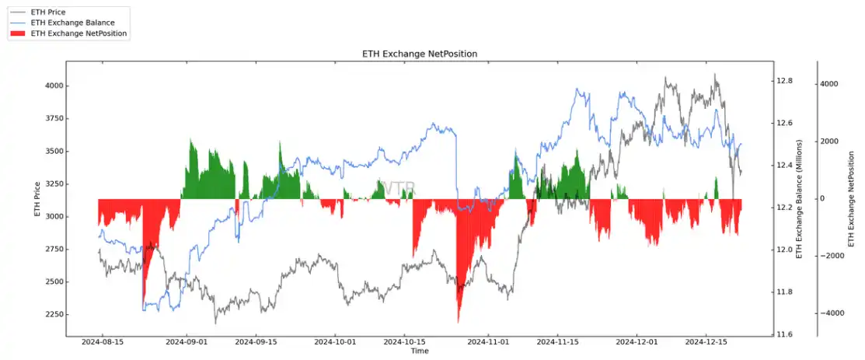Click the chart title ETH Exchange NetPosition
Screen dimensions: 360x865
tap(419, 54)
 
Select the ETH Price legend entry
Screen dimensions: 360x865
tap(47, 12)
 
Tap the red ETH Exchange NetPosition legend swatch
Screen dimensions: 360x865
tap(18, 33)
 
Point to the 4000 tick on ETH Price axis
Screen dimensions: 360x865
tap(54, 86)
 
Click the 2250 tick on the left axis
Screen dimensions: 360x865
tap(54, 315)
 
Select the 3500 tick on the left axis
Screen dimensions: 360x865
tap(54, 152)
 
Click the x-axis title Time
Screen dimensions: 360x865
tap(420, 351)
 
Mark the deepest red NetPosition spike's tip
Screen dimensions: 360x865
tap(458, 322)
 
